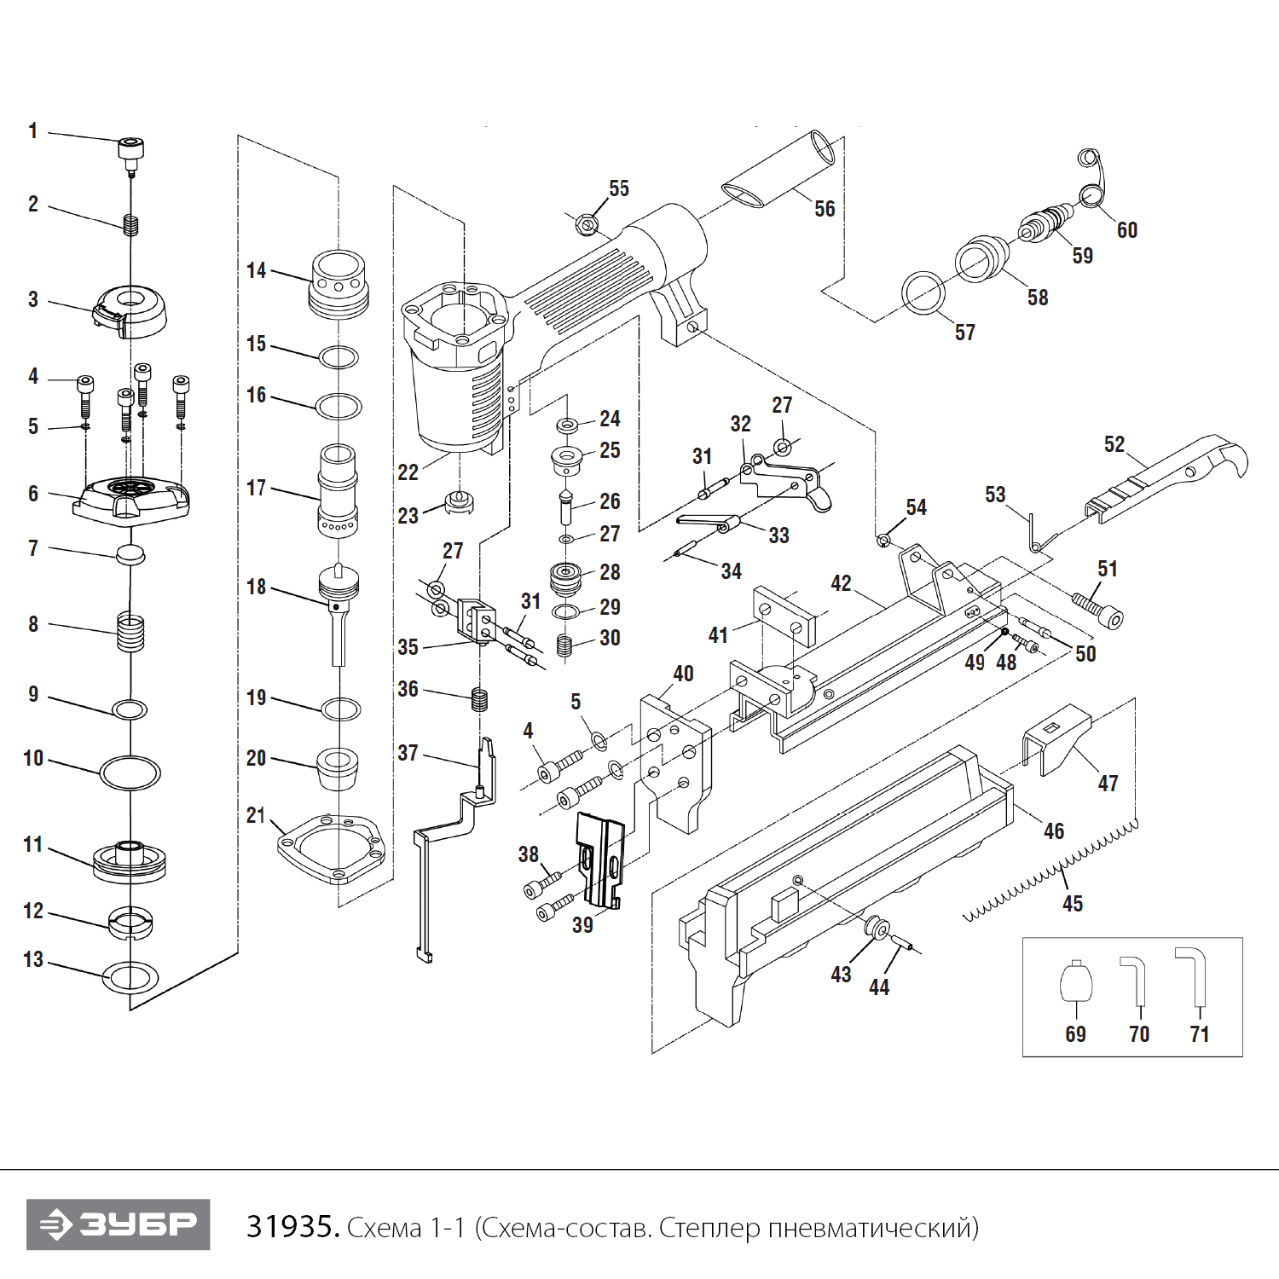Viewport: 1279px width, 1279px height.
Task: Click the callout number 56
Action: click(825, 209)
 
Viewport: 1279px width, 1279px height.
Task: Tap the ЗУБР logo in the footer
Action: click(119, 1224)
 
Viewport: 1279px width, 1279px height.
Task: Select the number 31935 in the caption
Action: click(292, 1227)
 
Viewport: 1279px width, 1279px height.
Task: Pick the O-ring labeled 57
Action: click(923, 293)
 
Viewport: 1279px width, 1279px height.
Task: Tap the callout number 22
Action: click(408, 472)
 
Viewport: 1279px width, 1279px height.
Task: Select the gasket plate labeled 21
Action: click(331, 848)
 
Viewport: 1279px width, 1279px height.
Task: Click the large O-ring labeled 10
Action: click(130, 773)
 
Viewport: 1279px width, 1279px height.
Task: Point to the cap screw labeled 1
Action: click(130, 150)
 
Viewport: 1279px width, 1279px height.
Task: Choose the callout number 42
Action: click(841, 583)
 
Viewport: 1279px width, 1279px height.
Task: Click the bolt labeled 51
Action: click(1099, 610)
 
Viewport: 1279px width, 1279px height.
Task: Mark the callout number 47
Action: click(1108, 784)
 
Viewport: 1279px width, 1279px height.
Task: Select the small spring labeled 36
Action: click(480, 700)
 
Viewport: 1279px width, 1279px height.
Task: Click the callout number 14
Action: click(256, 271)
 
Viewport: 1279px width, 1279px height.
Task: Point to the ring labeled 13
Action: click(130, 975)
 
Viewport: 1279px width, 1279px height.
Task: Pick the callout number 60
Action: click(1126, 230)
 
